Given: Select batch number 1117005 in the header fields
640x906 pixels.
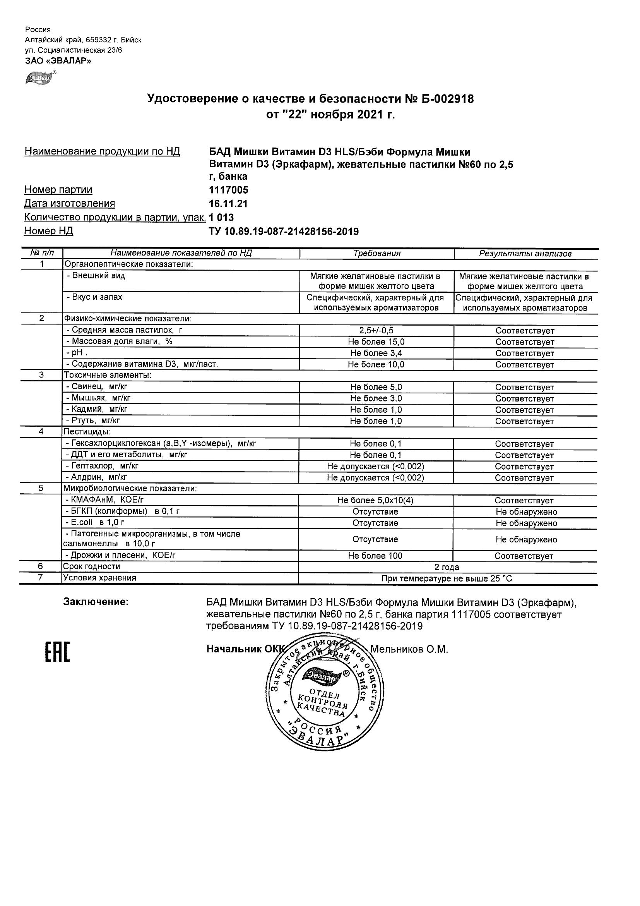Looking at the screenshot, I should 229,190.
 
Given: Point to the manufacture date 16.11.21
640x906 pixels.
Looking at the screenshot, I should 228,204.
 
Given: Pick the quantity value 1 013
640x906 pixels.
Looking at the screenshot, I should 221,218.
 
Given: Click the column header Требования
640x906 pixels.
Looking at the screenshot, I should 376,254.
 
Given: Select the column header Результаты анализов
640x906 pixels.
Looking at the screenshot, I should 525,254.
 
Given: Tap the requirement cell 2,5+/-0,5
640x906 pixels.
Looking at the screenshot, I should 376,331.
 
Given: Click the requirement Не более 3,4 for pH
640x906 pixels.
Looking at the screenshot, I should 376,353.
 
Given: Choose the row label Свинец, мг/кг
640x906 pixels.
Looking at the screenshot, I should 97,387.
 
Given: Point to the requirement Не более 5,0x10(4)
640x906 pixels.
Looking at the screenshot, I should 375,500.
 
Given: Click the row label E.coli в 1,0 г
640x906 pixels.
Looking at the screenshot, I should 95,523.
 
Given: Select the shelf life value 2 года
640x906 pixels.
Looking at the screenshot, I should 447,568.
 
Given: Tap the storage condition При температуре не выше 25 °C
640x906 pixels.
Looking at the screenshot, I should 447,579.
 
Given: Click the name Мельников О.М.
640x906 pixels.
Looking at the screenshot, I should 409,650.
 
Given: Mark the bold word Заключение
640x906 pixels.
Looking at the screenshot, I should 96,602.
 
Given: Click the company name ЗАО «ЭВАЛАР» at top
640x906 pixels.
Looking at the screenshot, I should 58,61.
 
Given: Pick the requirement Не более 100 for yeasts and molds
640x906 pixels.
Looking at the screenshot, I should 375,556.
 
